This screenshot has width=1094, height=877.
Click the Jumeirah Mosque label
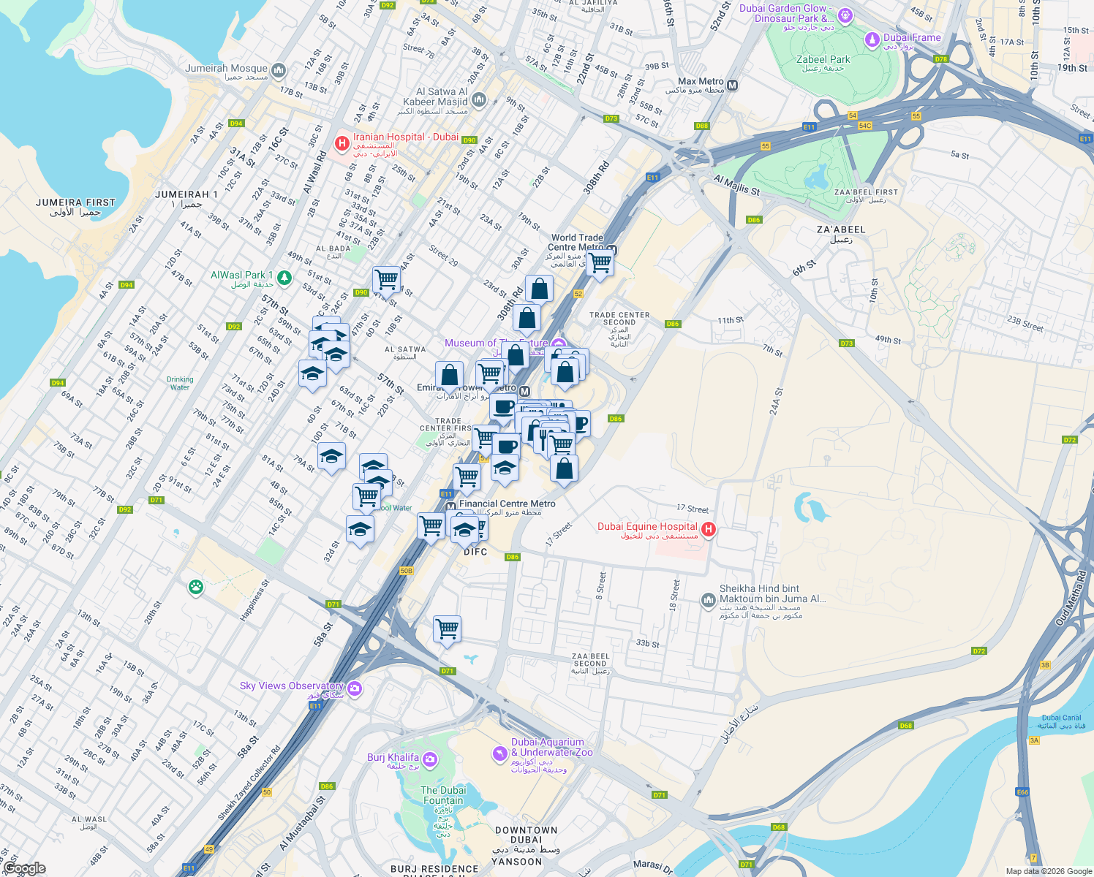(x=227, y=69)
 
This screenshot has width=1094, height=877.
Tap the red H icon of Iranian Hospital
(x=342, y=143)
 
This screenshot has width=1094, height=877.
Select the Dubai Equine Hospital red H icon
(x=708, y=529)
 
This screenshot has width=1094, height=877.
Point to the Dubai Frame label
(x=912, y=38)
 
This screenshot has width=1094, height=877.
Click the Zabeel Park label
(x=823, y=60)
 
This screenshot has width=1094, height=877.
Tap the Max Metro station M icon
(x=733, y=86)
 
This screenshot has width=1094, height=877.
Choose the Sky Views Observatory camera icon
(x=355, y=688)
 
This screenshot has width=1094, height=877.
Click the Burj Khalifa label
(x=393, y=758)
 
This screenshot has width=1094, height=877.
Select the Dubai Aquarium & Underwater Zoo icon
(x=499, y=753)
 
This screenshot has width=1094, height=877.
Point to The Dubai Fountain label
(x=443, y=795)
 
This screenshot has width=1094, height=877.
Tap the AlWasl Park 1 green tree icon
(x=284, y=278)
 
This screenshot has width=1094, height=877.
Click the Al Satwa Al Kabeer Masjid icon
(x=479, y=99)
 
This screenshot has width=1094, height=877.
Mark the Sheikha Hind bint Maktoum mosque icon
(x=708, y=601)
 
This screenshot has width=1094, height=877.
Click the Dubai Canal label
(x=1061, y=718)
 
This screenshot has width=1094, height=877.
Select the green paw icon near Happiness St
(x=195, y=588)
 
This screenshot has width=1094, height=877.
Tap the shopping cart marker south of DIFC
(x=447, y=629)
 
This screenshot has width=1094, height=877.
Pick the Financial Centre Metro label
(x=508, y=504)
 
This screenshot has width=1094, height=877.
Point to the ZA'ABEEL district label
(x=841, y=229)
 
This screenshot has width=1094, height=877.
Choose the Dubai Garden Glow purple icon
(x=845, y=15)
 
